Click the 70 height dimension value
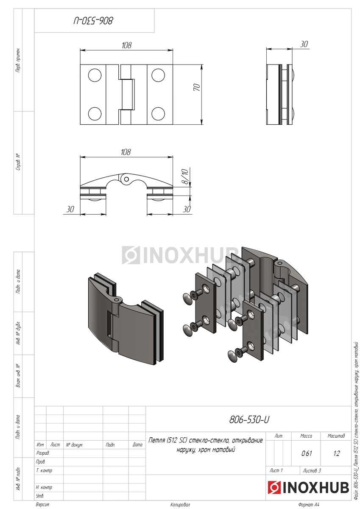[x=197, y=87]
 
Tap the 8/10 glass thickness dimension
[x=185, y=176]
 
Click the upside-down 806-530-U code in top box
[x=93, y=21]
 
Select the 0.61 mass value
[x=307, y=453]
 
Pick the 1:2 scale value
[x=336, y=453]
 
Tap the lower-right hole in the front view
[x=158, y=114]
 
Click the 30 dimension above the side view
[x=304, y=44]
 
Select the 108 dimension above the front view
[x=126, y=45]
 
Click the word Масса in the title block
[x=306, y=436]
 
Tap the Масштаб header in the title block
[x=336, y=436]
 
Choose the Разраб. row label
[x=43, y=453]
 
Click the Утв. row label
[x=40, y=495]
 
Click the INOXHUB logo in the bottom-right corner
[x=308, y=487]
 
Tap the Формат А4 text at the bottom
[x=309, y=505]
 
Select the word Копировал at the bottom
[x=180, y=505]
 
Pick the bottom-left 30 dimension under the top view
[x=70, y=209]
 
